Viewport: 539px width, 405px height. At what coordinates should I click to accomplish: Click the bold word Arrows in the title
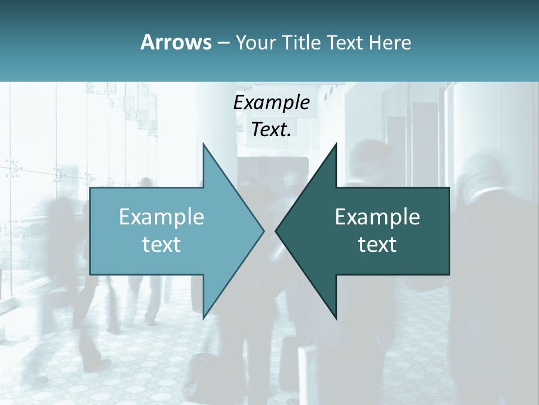[176, 42]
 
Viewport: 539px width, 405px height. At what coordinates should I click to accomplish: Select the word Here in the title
[390, 42]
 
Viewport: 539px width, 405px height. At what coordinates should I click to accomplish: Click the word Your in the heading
[255, 43]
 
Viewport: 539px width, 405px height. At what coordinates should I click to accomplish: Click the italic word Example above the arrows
[272, 103]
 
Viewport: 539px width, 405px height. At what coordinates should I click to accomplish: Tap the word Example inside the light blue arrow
[162, 217]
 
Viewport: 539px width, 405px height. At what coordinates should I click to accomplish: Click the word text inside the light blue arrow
[162, 244]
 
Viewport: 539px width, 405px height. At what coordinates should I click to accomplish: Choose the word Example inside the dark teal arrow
[377, 217]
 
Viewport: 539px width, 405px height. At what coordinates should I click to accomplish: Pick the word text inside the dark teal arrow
[377, 244]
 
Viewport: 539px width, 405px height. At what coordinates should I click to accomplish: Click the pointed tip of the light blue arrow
[264, 231]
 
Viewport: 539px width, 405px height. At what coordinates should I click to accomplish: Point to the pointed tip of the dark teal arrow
[276, 231]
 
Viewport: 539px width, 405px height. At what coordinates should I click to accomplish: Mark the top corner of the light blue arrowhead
[203, 143]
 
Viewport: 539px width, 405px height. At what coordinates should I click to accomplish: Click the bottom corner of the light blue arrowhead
[203, 318]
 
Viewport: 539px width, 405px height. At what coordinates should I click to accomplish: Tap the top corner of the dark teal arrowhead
[336, 143]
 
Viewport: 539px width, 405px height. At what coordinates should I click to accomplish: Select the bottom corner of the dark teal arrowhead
[336, 318]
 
